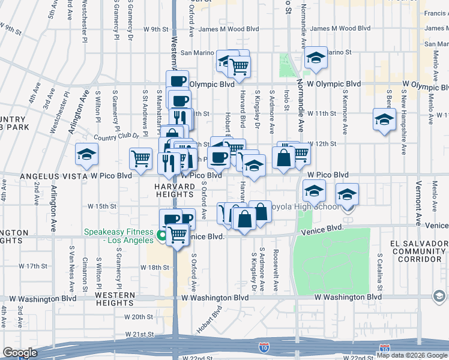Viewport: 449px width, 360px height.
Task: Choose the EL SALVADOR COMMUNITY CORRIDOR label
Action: pos(418,251)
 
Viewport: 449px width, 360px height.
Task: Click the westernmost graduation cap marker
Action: pos(87,155)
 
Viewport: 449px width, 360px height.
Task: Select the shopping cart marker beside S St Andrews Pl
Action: pos(141,158)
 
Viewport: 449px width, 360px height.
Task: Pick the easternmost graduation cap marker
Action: pos(384,119)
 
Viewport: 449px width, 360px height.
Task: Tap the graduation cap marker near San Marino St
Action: pos(315,58)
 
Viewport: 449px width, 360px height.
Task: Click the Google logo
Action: pos(20,353)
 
